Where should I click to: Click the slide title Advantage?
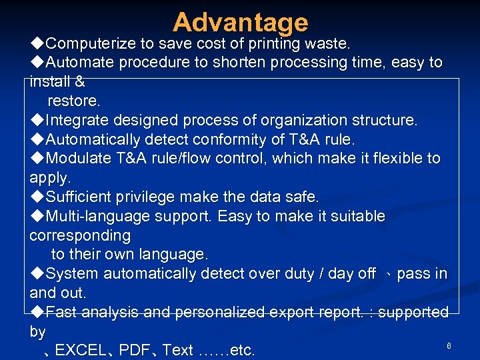click(x=240, y=23)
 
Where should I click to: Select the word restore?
click(x=73, y=101)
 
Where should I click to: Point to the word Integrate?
click(x=78, y=121)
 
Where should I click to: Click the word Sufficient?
click(x=82, y=197)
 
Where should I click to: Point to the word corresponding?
click(x=80, y=236)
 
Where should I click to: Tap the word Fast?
click(x=61, y=312)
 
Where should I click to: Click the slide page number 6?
click(x=449, y=345)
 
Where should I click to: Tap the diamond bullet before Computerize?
click(x=37, y=44)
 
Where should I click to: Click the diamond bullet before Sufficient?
click(x=37, y=197)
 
